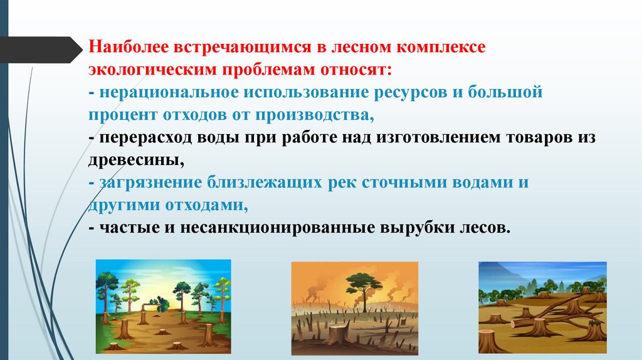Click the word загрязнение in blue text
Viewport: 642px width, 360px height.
click(x=146, y=183)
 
